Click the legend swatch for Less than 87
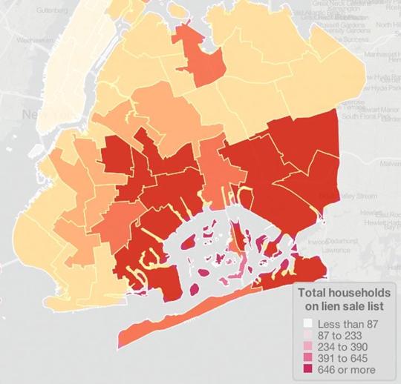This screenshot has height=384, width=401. pos(307,325)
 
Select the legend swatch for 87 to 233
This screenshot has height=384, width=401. pos(307,336)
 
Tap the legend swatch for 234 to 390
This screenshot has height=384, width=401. pos(307,347)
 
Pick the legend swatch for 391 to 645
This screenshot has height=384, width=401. pos(307,358)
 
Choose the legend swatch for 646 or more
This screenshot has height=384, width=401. pos(307,369)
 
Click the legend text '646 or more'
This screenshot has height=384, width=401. pos(347,369)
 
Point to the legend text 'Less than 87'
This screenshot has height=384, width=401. pos(348,325)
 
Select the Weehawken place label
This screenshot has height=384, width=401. pos(34,39)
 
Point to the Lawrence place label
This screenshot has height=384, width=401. pos(337,250)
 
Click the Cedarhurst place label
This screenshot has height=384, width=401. pos(343,241)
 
